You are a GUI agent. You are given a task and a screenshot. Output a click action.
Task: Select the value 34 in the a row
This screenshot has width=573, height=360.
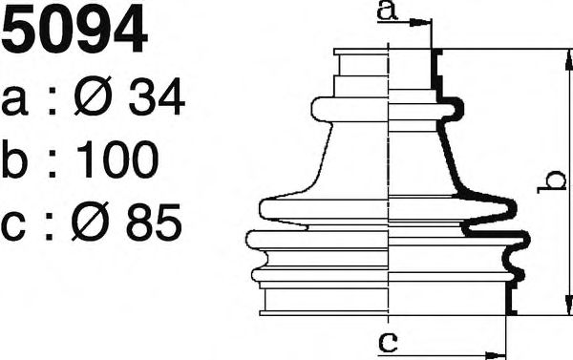(x=157, y=96)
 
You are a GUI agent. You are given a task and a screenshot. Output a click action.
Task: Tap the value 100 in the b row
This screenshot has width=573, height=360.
(x=117, y=159)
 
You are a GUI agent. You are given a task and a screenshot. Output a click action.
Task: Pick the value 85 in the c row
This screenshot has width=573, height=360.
(x=154, y=222)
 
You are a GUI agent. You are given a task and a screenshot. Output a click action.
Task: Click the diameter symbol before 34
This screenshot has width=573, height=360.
(x=93, y=95)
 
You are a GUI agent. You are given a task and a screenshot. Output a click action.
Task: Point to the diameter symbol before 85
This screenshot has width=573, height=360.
(x=90, y=222)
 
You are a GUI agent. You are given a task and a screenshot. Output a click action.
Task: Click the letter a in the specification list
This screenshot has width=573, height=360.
(x=14, y=101)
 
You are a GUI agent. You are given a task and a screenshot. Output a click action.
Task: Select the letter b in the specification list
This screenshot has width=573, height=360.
(x=14, y=159)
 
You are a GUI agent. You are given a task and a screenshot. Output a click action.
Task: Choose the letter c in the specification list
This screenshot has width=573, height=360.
(x=13, y=226)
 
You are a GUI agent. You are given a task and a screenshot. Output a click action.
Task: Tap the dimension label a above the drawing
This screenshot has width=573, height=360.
(x=387, y=10)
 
